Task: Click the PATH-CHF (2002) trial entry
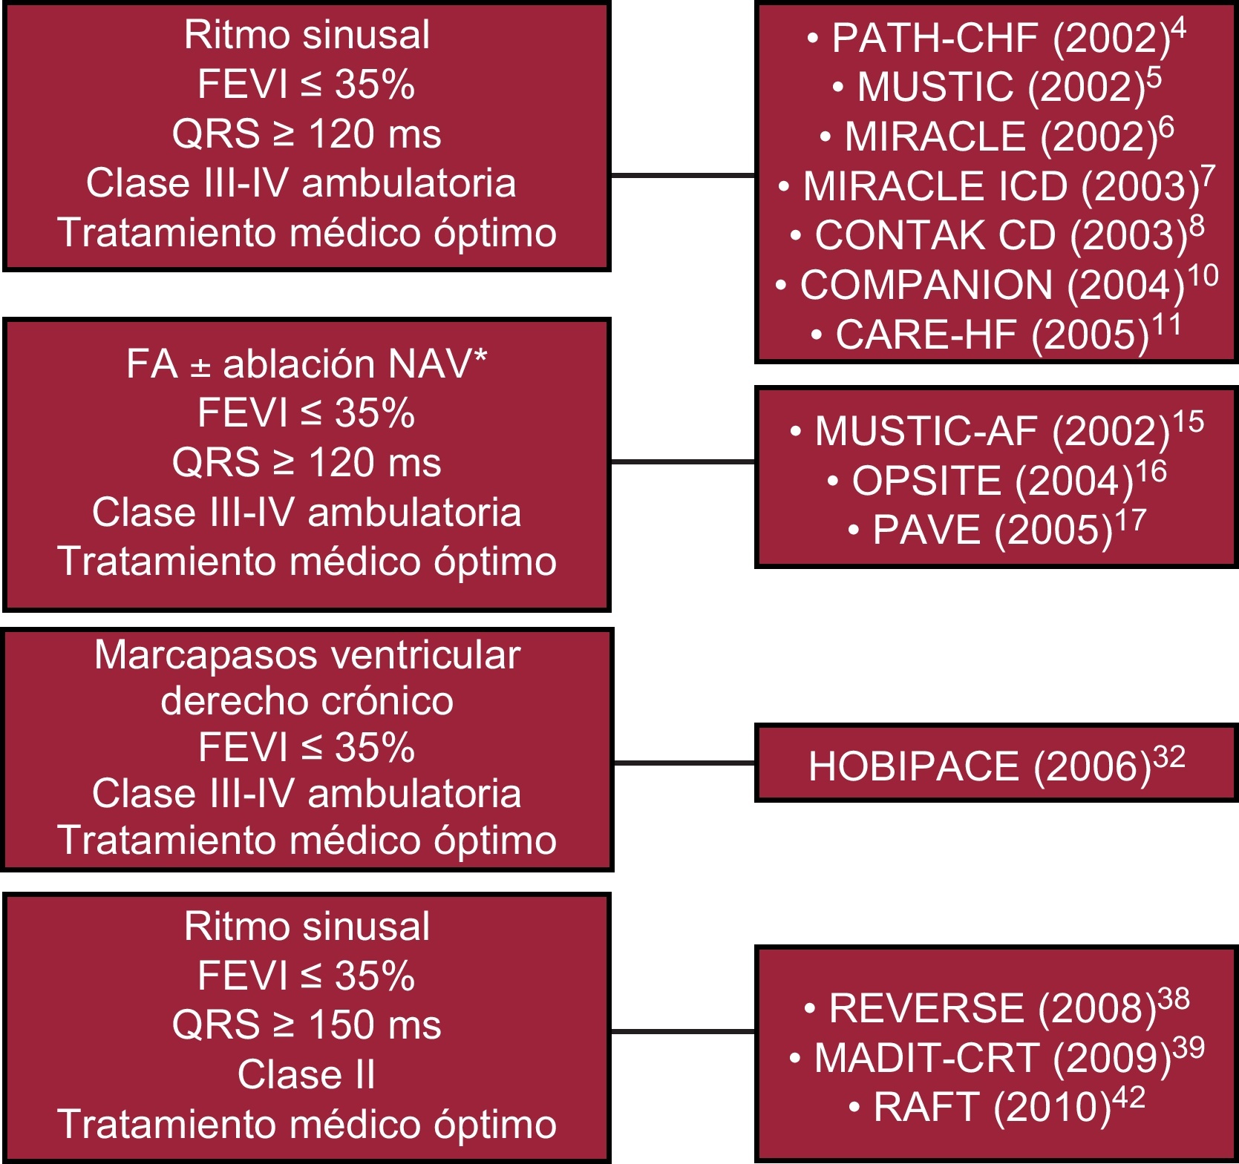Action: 995,38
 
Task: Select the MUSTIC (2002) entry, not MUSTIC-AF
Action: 995,87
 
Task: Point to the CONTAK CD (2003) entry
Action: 995,235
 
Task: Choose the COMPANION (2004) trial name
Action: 995,285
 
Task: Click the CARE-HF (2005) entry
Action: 995,335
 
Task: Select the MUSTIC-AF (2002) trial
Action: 995,431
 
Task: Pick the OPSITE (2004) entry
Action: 995,481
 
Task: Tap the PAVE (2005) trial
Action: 995,530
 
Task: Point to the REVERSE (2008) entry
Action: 995,1007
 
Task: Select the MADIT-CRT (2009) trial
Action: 995,1057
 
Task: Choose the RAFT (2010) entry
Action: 995,1107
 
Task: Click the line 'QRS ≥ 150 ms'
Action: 307,1025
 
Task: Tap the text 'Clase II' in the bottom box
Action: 307,1074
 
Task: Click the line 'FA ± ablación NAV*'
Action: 307,364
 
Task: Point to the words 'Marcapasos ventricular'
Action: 307,655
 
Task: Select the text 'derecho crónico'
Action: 307,701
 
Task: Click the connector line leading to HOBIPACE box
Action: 684,762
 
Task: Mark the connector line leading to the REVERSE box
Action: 682,1031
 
